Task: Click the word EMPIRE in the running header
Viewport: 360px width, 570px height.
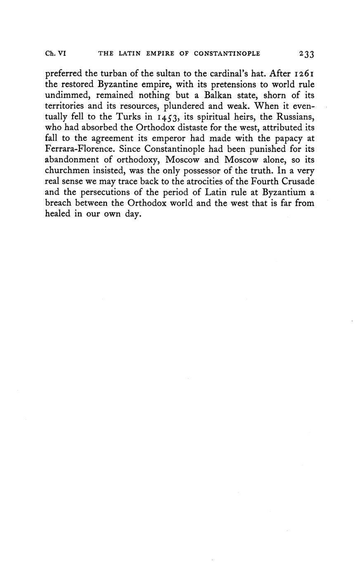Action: point(159,54)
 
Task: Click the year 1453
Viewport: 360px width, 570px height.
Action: point(168,117)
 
